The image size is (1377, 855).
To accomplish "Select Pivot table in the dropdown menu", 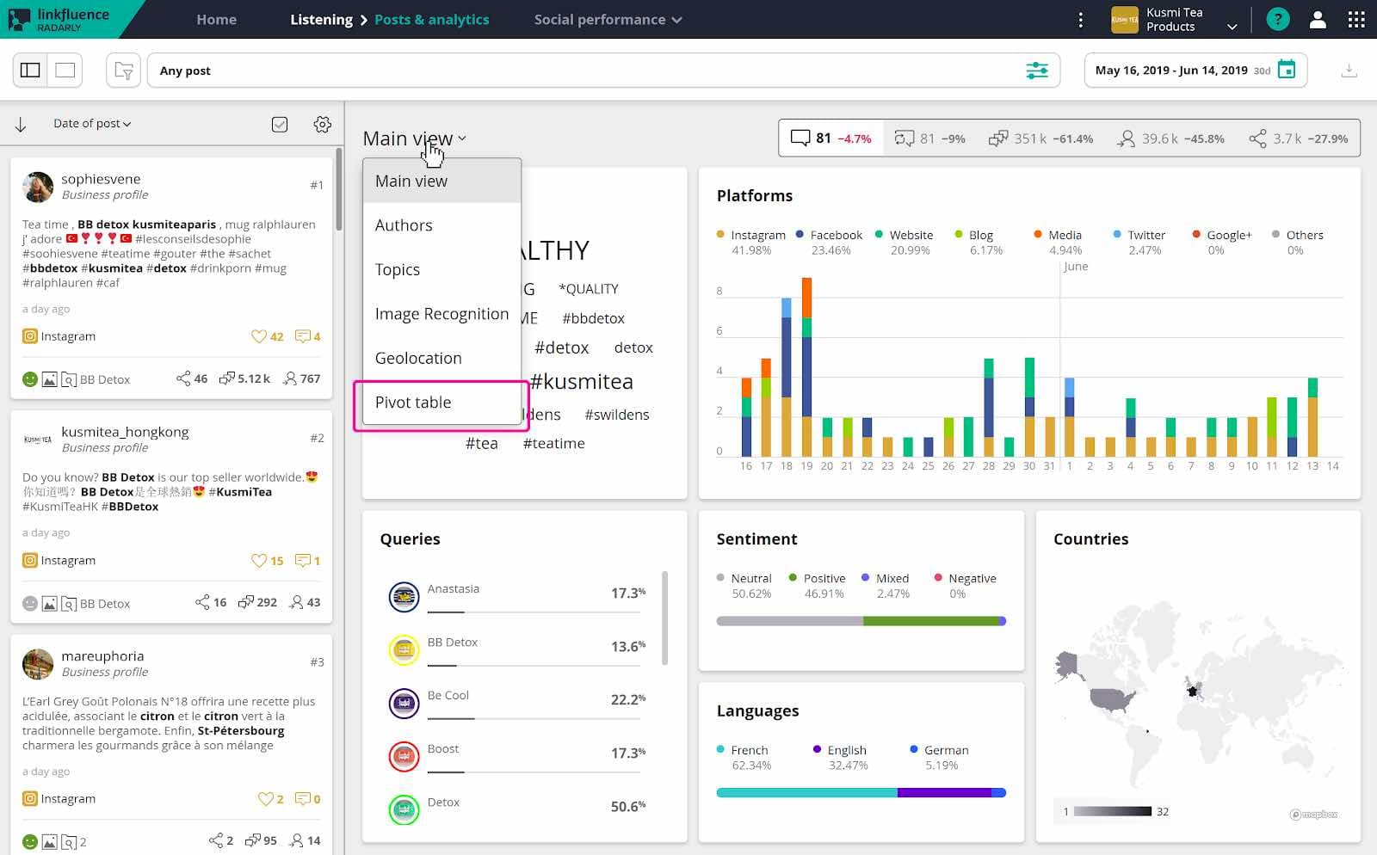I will pos(413,403).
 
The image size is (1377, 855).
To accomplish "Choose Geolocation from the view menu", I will pos(418,358).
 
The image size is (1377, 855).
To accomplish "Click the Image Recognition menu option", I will pos(442,314).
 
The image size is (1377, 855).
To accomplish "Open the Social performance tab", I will pos(608,19).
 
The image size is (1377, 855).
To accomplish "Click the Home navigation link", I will pos(216,19).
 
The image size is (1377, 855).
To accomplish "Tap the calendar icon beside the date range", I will pos(1287,70).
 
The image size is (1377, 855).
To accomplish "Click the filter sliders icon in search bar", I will pos(1037,71).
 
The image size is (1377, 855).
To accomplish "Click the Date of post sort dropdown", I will pos(92,124).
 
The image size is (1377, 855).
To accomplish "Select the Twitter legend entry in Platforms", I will pos(1145,235).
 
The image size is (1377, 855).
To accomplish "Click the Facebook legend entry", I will pos(835,235).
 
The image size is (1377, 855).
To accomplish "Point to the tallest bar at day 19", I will pos(806,370).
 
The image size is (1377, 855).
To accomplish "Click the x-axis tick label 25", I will pos(928,466).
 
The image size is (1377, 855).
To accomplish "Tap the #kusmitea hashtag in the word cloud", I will pos(582,382).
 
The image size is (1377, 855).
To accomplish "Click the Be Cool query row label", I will pos(448,695).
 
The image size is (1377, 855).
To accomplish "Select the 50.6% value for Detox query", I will pos(627,806).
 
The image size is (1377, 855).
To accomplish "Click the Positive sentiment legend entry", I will pos(824,578).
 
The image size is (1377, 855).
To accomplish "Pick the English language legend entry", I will pos(846,750).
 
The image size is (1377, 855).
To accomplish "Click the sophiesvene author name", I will pos(101,179).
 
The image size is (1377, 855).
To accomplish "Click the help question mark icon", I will pos(1278,19).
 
